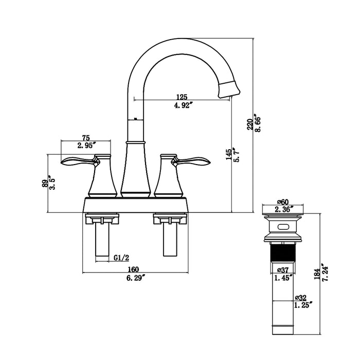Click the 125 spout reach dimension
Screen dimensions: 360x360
181,96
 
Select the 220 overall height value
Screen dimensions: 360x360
249,123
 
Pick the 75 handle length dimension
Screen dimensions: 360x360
86,137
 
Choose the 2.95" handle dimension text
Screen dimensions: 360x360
86,146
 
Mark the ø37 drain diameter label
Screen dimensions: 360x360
283,269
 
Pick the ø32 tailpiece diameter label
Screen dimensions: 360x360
301,297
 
